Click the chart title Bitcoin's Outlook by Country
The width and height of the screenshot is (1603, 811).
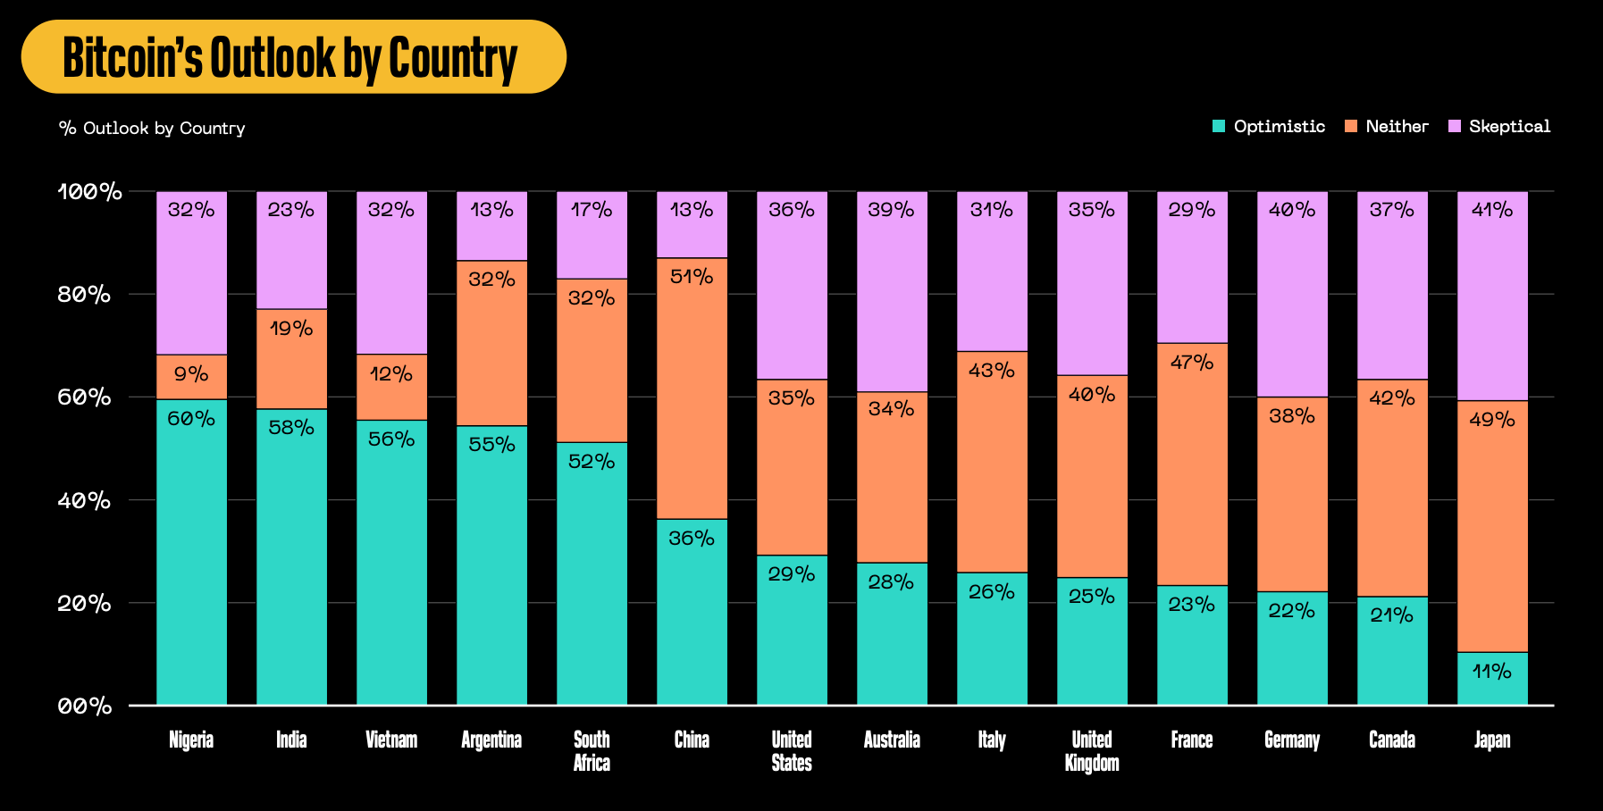290,58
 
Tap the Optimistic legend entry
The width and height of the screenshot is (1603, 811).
1269,127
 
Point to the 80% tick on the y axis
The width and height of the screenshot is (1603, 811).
85,294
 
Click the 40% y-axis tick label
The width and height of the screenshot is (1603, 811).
85,500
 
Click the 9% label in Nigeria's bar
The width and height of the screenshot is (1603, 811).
191,374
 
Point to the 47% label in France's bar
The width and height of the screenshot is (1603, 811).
1192,363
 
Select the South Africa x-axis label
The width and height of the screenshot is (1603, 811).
592,751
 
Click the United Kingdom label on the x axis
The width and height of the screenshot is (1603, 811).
1092,751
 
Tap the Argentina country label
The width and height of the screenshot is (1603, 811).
491,740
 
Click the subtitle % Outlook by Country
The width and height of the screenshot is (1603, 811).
152,129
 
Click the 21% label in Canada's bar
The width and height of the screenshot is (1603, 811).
1392,615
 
